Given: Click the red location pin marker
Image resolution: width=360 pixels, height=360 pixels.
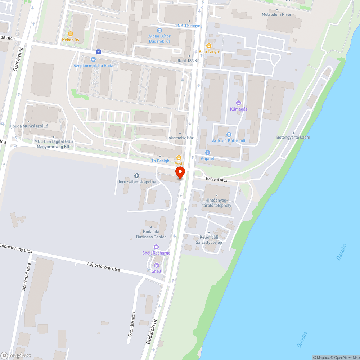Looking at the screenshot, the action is (x=180, y=172).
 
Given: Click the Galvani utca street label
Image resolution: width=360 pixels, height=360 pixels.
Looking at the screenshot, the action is (x=217, y=179).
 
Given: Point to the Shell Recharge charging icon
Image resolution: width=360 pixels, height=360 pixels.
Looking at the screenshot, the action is (x=156, y=247).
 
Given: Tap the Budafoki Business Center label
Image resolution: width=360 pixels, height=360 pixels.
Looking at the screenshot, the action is (x=151, y=234).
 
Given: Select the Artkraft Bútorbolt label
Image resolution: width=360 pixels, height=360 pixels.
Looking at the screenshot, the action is (x=229, y=141).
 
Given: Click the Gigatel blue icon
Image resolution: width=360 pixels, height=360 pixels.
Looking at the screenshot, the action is (x=208, y=152).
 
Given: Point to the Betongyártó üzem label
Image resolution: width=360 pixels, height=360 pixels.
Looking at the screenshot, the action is (x=293, y=137).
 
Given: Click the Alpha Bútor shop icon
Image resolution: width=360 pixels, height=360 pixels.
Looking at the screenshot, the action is (x=159, y=31).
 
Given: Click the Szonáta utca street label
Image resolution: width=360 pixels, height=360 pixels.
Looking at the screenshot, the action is (x=131, y=324).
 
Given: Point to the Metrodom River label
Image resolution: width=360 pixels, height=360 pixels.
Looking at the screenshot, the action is (x=277, y=14).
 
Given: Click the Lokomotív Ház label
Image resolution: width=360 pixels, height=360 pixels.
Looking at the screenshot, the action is (x=180, y=138).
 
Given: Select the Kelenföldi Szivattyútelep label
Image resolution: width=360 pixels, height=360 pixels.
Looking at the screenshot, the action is (x=211, y=239).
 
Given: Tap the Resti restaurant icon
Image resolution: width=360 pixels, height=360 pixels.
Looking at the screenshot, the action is (x=179, y=158).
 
